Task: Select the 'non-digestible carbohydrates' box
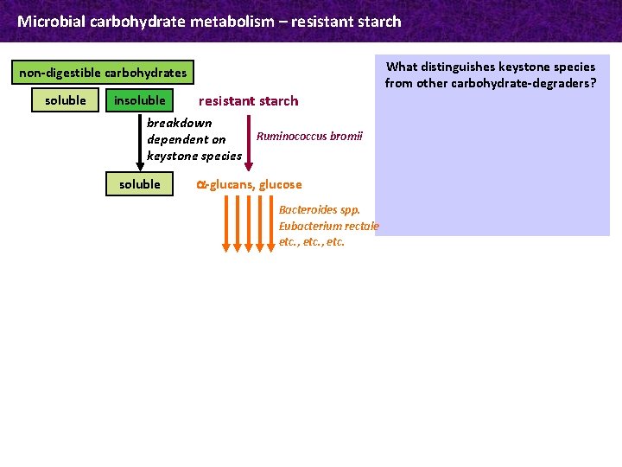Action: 103,73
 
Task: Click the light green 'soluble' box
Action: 66,100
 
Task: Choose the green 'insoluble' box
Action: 139,100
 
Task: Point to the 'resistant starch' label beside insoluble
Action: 249,101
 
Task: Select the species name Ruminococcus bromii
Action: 309,137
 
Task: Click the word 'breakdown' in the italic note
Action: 180,123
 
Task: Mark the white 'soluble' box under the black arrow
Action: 139,184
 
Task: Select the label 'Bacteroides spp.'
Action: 319,210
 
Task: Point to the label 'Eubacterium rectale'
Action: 328,226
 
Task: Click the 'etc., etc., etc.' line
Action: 311,242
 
